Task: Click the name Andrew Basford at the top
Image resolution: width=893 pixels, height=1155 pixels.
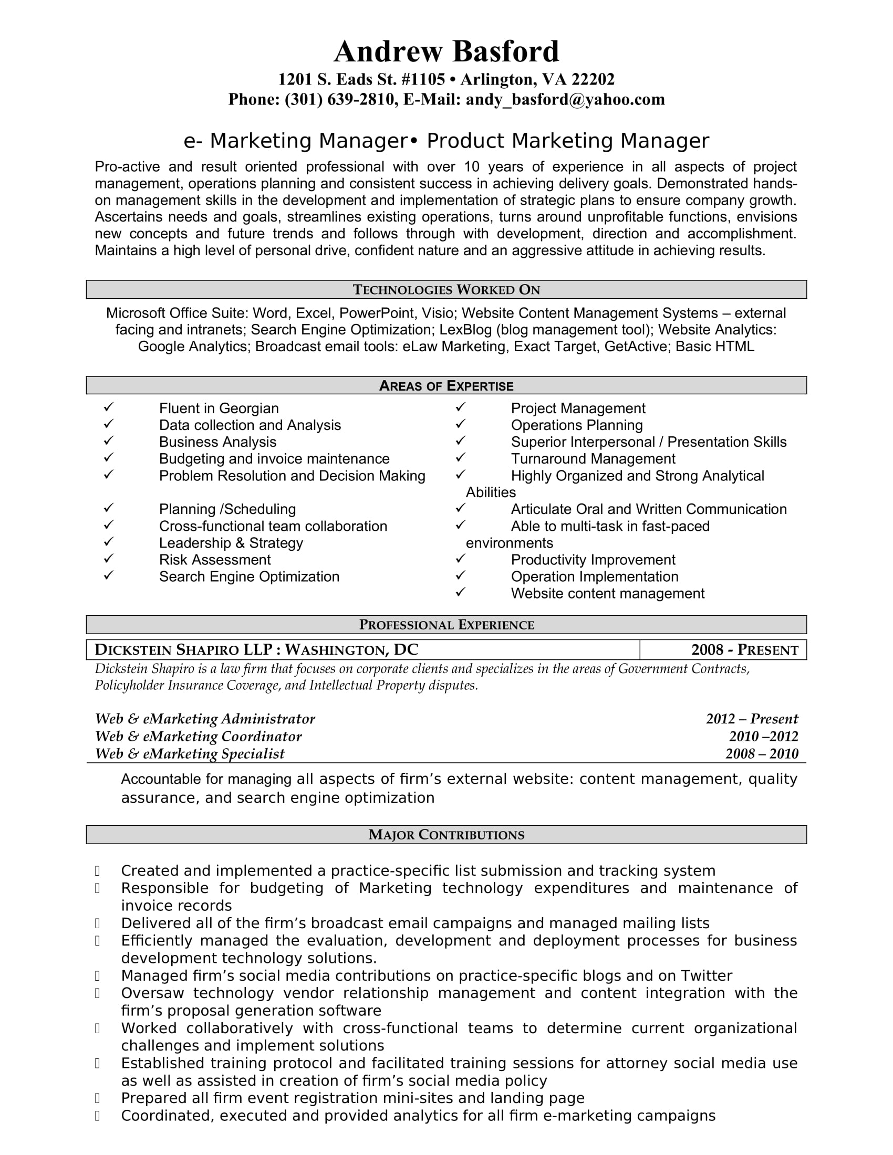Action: pyautogui.click(x=446, y=52)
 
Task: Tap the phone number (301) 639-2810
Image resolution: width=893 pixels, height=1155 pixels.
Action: pyautogui.click(x=340, y=99)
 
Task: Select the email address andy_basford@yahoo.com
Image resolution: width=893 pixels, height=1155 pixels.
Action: pyautogui.click(x=565, y=99)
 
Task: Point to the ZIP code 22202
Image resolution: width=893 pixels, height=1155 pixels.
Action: pyautogui.click(x=593, y=79)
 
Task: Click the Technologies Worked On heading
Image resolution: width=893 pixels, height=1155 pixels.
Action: pyautogui.click(x=446, y=290)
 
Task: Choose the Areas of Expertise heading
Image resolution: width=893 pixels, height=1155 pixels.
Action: pyautogui.click(x=446, y=385)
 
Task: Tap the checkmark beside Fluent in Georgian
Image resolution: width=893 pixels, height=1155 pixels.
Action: pyautogui.click(x=108, y=407)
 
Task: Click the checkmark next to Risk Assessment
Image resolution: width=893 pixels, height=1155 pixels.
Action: pyautogui.click(x=108, y=559)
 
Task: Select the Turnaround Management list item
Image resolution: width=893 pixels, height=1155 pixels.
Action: pyautogui.click(x=593, y=458)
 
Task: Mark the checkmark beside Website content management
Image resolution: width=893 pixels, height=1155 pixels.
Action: pyautogui.click(x=460, y=592)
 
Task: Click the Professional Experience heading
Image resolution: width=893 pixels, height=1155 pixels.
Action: pyautogui.click(x=446, y=625)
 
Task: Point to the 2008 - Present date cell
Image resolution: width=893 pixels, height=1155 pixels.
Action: pyautogui.click(x=744, y=650)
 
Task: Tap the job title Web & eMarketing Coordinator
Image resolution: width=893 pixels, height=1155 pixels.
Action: pyautogui.click(x=199, y=736)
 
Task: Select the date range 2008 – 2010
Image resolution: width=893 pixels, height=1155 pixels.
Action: pyautogui.click(x=761, y=753)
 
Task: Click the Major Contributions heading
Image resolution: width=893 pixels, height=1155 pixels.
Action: pyautogui.click(x=446, y=835)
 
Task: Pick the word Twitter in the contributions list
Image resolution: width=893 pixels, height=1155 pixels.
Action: pyautogui.click(x=706, y=975)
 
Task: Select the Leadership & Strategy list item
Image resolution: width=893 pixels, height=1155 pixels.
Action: pyautogui.click(x=231, y=543)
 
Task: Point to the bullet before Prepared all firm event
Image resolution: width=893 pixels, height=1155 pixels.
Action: pyautogui.click(x=97, y=1098)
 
